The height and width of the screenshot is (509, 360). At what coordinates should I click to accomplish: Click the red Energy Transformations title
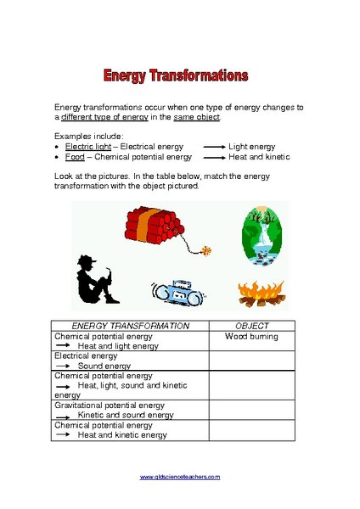(x=176, y=76)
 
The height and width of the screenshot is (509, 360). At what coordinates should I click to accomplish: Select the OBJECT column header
(x=251, y=326)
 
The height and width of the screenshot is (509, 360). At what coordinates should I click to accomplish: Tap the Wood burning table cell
(x=251, y=337)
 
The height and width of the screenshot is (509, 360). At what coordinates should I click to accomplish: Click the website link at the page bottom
(x=179, y=477)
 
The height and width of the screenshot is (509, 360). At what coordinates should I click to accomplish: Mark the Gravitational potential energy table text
(x=110, y=406)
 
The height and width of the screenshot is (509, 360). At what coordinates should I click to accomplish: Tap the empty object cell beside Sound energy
(x=251, y=361)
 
